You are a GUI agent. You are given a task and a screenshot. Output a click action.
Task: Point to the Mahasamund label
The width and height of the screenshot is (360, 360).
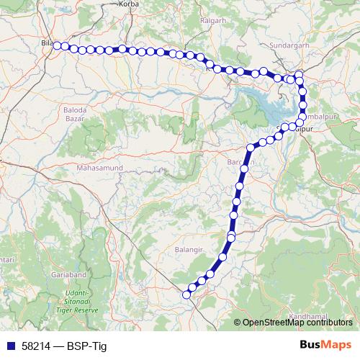(x=99, y=168)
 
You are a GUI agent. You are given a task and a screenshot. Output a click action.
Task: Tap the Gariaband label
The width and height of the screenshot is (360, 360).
(x=68, y=274)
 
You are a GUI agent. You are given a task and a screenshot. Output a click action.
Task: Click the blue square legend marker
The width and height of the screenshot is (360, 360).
(x=9, y=346)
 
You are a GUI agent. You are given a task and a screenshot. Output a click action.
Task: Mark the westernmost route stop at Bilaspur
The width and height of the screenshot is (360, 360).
(x=56, y=45)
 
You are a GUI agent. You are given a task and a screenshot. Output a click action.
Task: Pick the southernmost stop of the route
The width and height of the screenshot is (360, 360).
(x=186, y=294)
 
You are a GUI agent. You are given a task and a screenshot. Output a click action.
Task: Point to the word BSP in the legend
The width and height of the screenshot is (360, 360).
(x=76, y=346)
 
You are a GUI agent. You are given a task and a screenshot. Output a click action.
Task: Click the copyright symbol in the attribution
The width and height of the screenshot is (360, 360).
(x=238, y=323)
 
